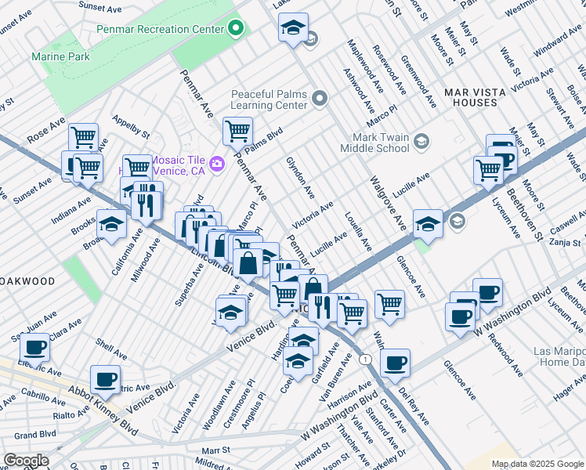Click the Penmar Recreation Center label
click(161, 30)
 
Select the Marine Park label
click(60, 56)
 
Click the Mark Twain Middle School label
click(374, 142)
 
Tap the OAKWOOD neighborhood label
click(27, 280)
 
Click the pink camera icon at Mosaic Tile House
click(218, 163)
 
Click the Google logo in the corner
click(27, 460)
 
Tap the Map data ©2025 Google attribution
click(537, 464)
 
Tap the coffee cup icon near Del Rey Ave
click(396, 363)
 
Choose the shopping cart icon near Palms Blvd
click(237, 131)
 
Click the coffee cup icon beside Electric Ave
click(35, 346)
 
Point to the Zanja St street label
click(565, 244)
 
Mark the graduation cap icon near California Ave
click(111, 224)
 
